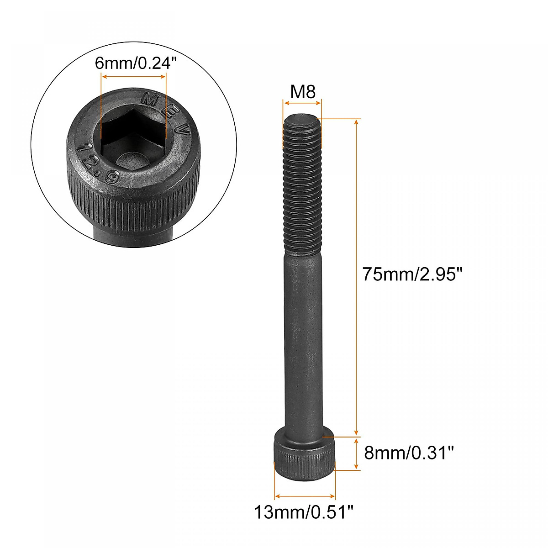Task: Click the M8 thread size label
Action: point(303,92)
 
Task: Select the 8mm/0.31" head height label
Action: point(409,453)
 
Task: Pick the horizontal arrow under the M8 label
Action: point(303,103)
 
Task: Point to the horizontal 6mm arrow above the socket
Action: point(133,77)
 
